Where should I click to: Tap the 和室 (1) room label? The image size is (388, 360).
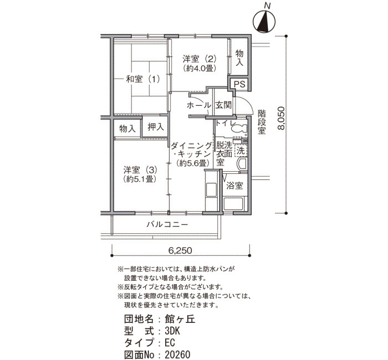[x=143, y=79]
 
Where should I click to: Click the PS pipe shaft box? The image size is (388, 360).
[x=239, y=84]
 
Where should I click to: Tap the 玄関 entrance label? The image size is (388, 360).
[x=223, y=105]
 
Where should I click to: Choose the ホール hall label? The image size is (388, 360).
[x=199, y=106]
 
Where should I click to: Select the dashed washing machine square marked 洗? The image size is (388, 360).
[x=241, y=150]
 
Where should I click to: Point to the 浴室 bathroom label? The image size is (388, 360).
[x=234, y=186]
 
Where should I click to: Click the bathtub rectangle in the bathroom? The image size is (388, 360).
[x=234, y=204]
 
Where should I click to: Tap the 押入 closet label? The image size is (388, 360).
[x=156, y=127]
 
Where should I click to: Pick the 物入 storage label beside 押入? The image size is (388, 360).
[x=127, y=128]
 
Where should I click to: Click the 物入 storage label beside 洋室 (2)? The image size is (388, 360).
[x=239, y=58]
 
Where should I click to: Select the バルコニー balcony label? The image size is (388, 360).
[x=167, y=224]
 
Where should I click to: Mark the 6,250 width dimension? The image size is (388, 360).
[x=180, y=250]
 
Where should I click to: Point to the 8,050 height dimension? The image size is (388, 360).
[x=281, y=117]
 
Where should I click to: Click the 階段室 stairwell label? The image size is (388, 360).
[x=262, y=122]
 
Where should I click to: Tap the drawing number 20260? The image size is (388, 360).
[x=178, y=355]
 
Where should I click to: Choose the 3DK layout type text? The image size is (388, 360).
[x=172, y=331]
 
